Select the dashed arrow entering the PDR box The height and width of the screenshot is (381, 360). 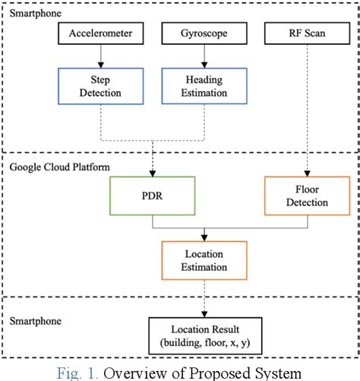coord(153,160)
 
